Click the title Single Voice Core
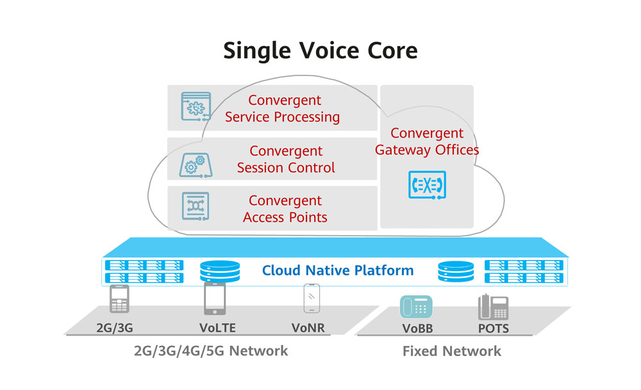pos(320,51)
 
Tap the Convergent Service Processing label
pos(283,109)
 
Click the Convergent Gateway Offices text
pos(427,142)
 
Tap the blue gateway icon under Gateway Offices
pos(427,185)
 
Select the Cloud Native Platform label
pos(338,270)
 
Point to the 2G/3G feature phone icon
pos(119,299)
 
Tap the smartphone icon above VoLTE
pos(214,298)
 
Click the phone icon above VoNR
pos(312,299)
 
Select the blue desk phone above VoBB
pos(416,307)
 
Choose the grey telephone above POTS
pos(493,307)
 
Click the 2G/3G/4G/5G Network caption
pos(211,351)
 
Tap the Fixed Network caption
pos(452,351)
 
